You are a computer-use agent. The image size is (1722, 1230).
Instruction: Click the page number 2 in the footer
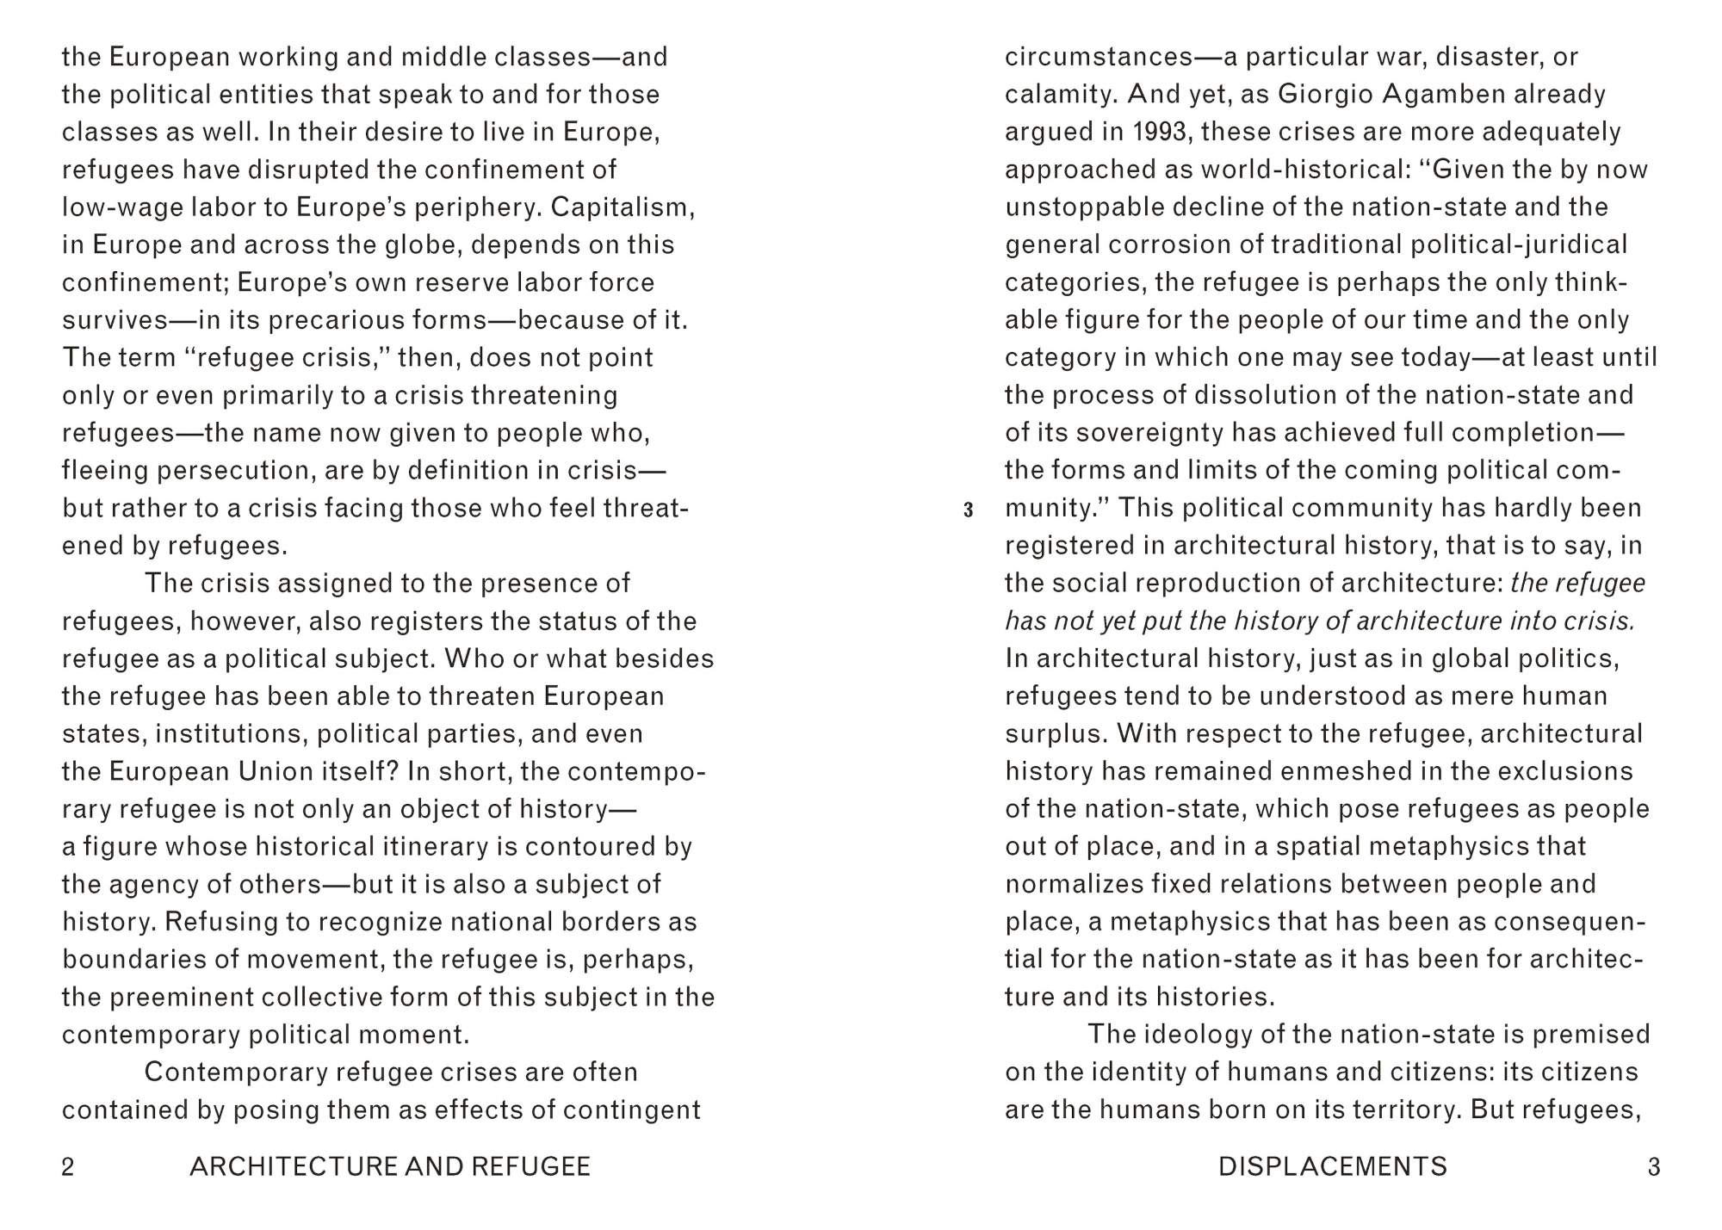pyautogui.click(x=68, y=1167)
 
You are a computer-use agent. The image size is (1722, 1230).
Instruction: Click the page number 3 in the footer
pyautogui.click(x=1653, y=1167)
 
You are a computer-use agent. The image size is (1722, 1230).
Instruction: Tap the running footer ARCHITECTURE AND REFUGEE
pyautogui.click(x=390, y=1167)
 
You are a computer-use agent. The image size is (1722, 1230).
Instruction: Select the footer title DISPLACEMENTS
pyautogui.click(x=1333, y=1167)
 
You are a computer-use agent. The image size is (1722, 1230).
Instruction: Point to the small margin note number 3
pyautogui.click(x=969, y=510)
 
